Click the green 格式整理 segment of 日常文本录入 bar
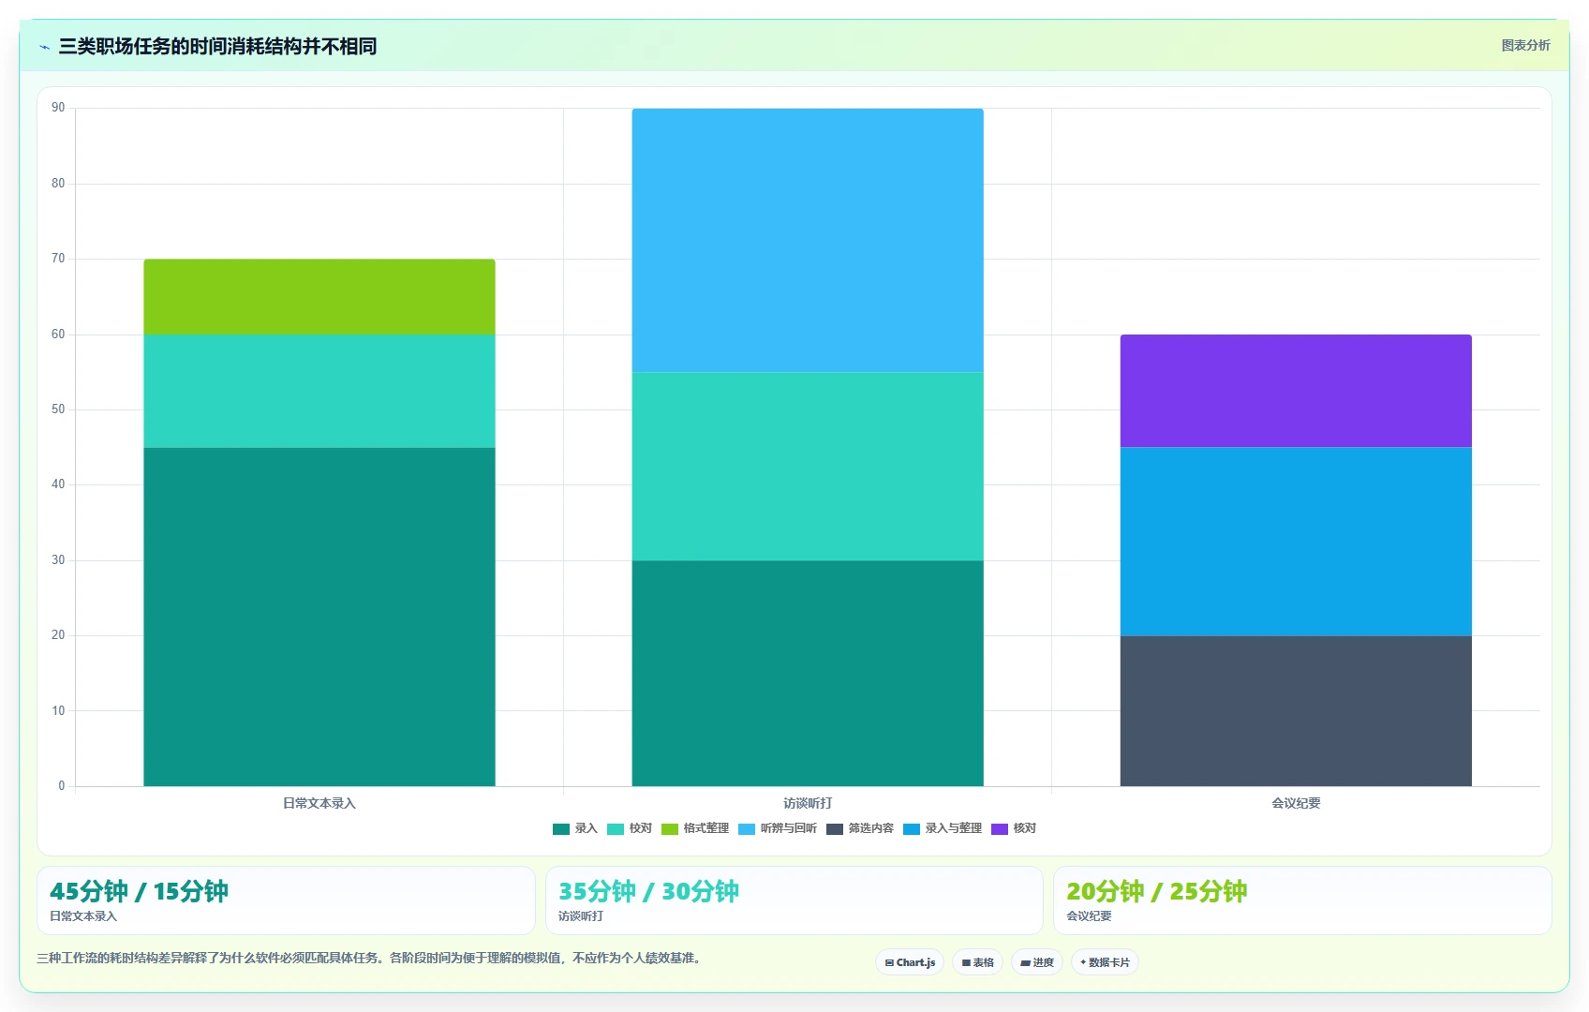pyautogui.click(x=319, y=297)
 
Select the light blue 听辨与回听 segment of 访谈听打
pyautogui.click(x=808, y=240)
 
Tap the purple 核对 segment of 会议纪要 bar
pyautogui.click(x=1296, y=391)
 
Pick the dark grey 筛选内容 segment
pyautogui.click(x=1296, y=710)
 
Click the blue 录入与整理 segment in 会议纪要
pyautogui.click(x=1296, y=542)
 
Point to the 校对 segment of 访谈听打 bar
pyautogui.click(x=808, y=467)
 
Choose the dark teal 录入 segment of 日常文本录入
pyautogui.click(x=319, y=617)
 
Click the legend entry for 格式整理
pyautogui.click(x=694, y=828)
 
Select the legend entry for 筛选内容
pyautogui.click(x=860, y=828)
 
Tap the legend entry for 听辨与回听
pyautogui.click(x=778, y=828)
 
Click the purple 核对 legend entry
pyautogui.click(x=1013, y=828)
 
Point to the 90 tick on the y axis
pyautogui.click(x=58, y=108)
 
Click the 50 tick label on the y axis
pyautogui.click(x=58, y=409)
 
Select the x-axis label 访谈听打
pyautogui.click(x=808, y=803)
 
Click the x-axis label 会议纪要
pyautogui.click(x=1296, y=803)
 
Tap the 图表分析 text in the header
pyautogui.click(x=1526, y=45)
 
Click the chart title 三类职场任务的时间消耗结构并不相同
pyautogui.click(x=217, y=47)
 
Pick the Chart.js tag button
pyautogui.click(x=910, y=962)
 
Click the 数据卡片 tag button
pyautogui.click(x=1105, y=962)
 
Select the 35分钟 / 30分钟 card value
pyautogui.click(x=648, y=891)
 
